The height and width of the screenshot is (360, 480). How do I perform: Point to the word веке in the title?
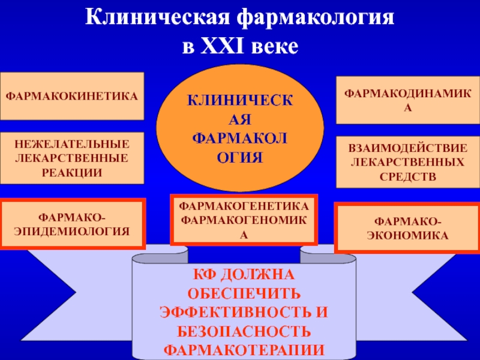click(275, 46)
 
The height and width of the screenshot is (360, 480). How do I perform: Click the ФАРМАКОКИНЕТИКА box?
click(72, 96)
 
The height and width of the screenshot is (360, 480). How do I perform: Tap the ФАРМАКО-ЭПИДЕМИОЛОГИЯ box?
click(72, 224)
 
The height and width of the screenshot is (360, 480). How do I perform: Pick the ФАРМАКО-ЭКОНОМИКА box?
click(408, 229)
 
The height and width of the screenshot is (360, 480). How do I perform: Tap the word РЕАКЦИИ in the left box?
click(72, 172)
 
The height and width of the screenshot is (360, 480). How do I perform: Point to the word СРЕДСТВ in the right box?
click(408, 176)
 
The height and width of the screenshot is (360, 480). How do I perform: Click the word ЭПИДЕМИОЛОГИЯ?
click(72, 230)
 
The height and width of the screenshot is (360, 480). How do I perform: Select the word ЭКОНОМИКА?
click(408, 236)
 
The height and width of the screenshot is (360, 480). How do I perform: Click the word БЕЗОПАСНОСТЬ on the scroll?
click(244, 331)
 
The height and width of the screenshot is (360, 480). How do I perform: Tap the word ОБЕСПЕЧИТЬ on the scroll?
click(244, 294)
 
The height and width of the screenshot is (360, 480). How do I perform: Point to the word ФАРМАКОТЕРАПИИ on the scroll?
click(244, 349)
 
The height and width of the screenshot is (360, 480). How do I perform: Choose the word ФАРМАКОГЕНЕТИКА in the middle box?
click(244, 206)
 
